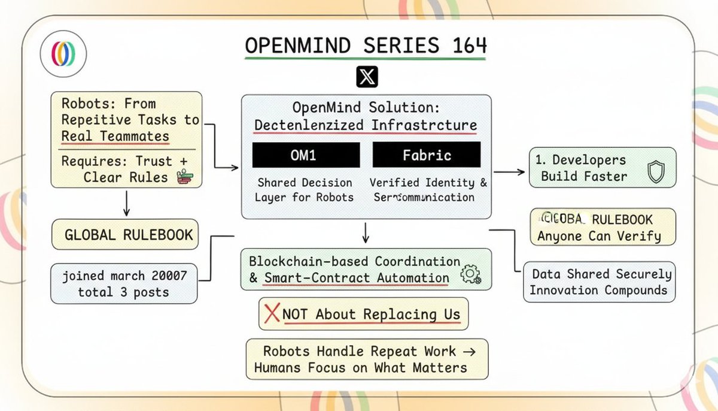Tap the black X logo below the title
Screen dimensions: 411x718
[366, 77]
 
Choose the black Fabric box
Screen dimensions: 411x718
[426, 155]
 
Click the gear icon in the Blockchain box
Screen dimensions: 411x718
[471, 274]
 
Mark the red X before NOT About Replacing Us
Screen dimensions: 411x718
[272, 313]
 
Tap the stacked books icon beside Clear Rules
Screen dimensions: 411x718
[182, 177]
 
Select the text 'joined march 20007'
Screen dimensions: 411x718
[124, 276]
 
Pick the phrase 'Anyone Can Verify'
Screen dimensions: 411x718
[599, 235]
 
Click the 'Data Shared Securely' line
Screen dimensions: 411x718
[602, 274]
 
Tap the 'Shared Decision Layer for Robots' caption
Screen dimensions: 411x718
[305, 190]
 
